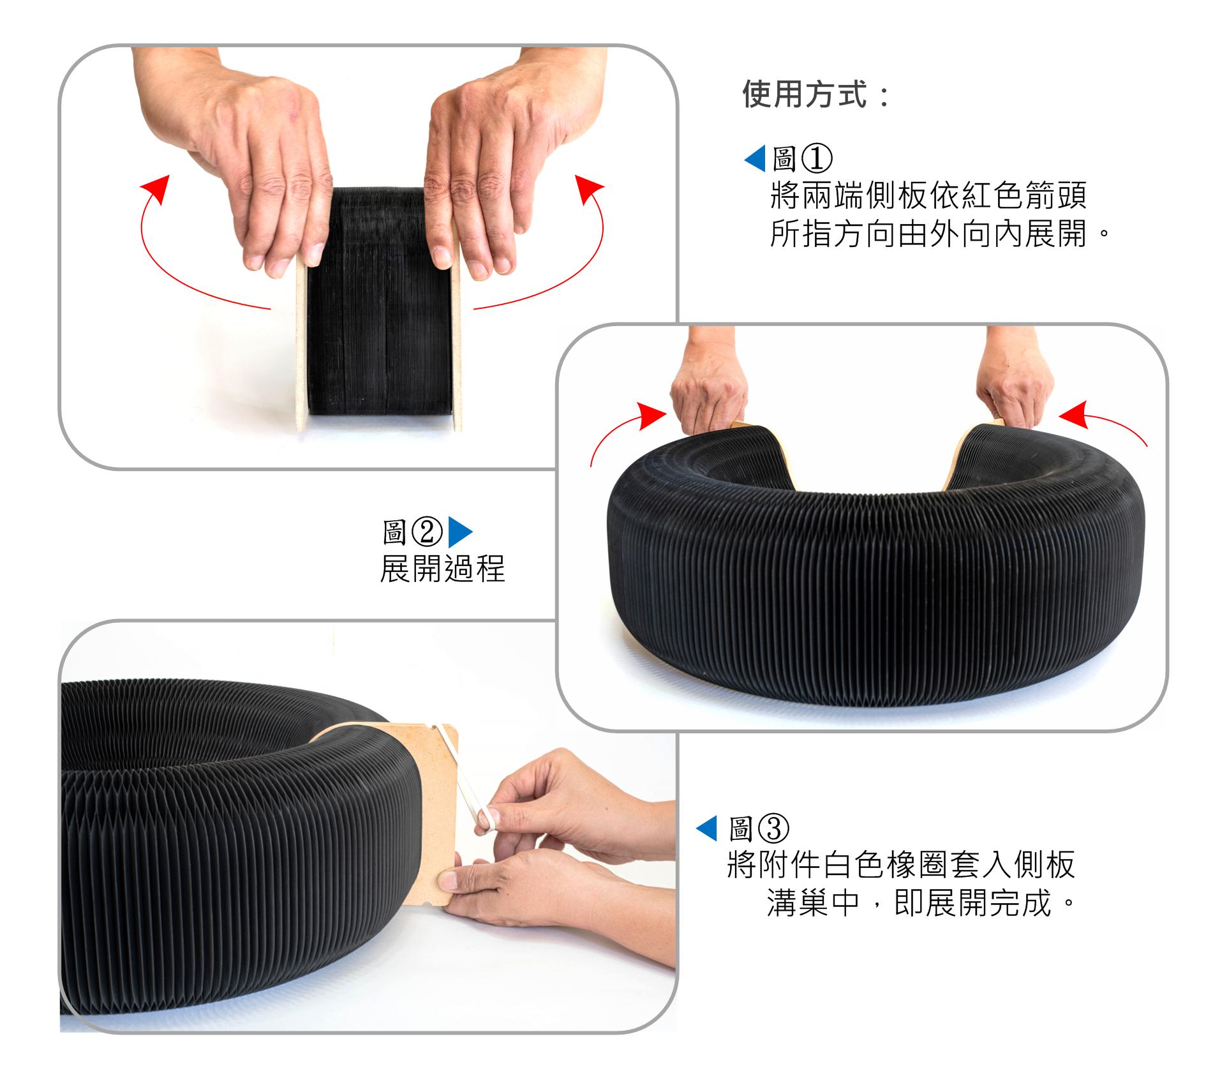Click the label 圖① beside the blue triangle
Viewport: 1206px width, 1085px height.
pyautogui.click(x=802, y=159)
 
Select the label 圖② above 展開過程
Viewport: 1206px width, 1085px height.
pyautogui.click(x=412, y=532)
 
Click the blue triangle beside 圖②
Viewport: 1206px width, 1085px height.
pyautogui.click(x=460, y=532)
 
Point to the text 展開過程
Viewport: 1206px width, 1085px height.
pyautogui.click(x=442, y=568)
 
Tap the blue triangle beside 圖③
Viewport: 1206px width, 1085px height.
pyautogui.click(x=706, y=829)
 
